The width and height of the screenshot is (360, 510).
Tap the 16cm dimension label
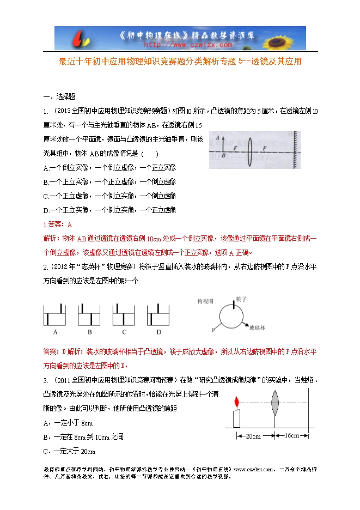point(291,436)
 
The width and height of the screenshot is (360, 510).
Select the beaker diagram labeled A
point(55,315)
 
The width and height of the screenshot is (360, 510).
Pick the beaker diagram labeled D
point(159,315)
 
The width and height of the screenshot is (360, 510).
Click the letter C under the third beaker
point(124,332)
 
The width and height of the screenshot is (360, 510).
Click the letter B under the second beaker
point(89,332)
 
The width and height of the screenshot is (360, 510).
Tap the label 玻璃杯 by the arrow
point(257,329)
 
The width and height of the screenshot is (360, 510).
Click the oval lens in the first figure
point(249,149)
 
